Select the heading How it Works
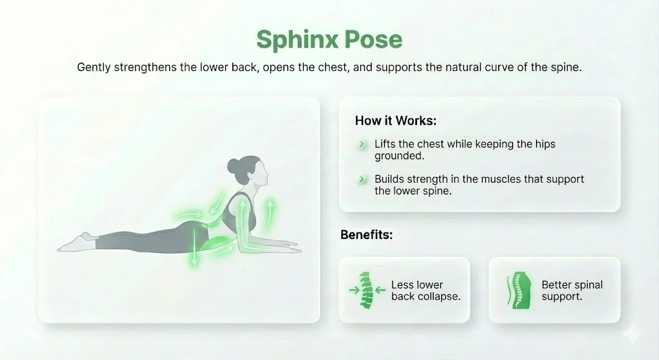[x=396, y=120]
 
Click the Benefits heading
[x=366, y=234]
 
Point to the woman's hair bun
[x=232, y=166]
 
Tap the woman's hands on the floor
[x=286, y=243]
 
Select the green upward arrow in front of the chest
[x=270, y=213]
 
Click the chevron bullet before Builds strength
[x=362, y=180]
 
